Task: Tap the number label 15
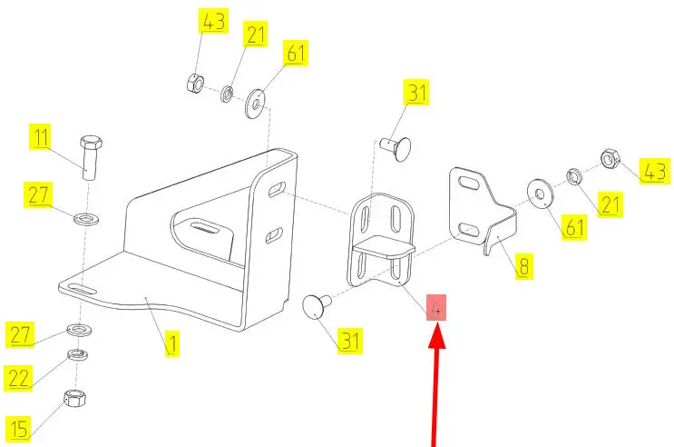pos(20,428)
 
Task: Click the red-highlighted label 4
pos(437,309)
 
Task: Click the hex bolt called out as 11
pos(91,158)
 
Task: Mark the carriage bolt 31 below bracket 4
pos(317,305)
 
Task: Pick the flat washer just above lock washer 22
pos(78,329)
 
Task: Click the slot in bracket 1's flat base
pos(82,288)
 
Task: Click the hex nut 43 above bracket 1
pos(194,83)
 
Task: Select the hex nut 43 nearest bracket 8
pos(610,160)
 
